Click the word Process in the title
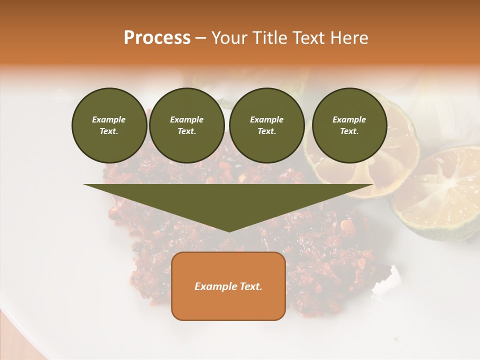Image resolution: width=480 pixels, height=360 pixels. click(x=157, y=38)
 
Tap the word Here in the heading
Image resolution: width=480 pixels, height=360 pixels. click(x=348, y=38)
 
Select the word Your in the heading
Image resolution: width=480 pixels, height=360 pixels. click(x=228, y=38)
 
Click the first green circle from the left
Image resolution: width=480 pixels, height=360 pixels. click(x=109, y=125)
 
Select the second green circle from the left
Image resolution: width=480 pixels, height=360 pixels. click(x=187, y=125)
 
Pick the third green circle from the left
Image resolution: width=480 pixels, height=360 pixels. click(x=267, y=125)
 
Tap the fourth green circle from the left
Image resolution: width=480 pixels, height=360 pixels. click(x=349, y=125)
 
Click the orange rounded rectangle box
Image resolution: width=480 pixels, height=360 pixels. click(x=228, y=286)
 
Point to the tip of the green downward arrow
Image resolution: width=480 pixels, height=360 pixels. click(x=228, y=231)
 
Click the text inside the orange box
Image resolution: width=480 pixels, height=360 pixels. click(x=228, y=286)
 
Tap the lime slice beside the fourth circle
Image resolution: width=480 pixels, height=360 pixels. click(x=400, y=150)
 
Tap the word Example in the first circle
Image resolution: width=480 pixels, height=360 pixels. click(x=109, y=119)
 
